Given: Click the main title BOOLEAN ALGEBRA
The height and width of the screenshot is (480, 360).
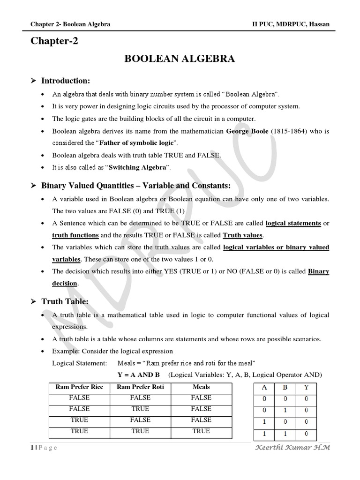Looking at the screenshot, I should tap(179, 59).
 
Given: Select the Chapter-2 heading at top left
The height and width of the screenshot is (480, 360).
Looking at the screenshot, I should tap(54, 41).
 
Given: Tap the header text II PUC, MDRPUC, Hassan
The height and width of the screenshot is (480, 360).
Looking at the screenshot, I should tap(291, 24).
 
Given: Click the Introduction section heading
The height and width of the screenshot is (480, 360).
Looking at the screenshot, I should tap(66, 81).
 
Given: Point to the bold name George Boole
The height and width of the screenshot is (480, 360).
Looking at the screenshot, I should tap(247, 131).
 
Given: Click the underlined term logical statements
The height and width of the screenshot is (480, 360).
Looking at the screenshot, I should tap(293, 223).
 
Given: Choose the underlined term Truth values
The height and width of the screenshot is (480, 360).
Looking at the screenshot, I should tap(243, 235).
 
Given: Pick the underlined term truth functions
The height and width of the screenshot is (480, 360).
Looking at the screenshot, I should tap(75, 235).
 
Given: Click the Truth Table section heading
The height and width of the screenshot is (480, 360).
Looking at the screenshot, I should tap(65, 302).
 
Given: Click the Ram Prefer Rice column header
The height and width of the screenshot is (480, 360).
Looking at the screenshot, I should tap(79, 387).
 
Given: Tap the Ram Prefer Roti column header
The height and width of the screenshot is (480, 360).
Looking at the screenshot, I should tap(140, 387).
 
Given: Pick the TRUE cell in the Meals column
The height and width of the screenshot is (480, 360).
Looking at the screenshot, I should tap(201, 431).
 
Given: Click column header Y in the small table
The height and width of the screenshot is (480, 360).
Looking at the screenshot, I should tap(306, 388).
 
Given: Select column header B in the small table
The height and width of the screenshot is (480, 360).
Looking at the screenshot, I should tap(285, 388).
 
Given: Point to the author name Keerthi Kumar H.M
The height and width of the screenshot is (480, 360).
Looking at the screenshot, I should tap(292, 447).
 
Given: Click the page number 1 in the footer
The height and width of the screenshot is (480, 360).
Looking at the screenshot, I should tap(32, 448).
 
